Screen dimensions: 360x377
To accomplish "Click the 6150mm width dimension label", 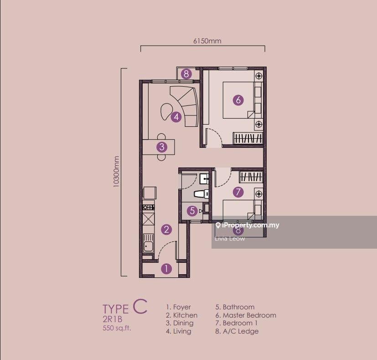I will (207, 41).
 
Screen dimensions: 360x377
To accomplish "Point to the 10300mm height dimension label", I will (116, 172).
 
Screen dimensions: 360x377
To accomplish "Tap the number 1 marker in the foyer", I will (167, 269).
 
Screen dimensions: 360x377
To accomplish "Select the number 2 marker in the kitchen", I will (167, 230).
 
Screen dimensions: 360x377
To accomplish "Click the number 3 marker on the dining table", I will (161, 147).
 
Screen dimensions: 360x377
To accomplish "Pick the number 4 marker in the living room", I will (176, 117).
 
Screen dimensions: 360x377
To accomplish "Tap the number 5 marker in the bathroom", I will (192, 211).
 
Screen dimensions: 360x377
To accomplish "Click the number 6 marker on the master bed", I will (238, 99).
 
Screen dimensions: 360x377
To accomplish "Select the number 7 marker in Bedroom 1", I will (238, 192).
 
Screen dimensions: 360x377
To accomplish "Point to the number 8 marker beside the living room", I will (186, 73).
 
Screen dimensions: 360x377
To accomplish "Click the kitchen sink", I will (148, 244).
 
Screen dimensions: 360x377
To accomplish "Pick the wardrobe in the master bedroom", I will (248, 138).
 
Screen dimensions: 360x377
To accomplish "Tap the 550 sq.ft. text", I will (116, 328).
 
